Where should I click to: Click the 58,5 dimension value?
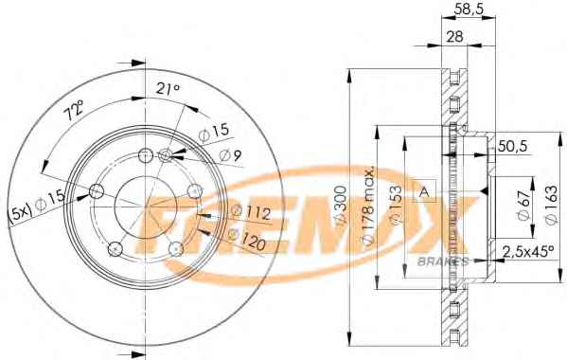click(469, 9)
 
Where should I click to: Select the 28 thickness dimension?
click(454, 37)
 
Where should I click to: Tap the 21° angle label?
click(168, 89)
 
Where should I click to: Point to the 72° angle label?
click(74, 110)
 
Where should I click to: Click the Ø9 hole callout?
click(230, 155)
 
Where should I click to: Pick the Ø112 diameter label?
click(251, 212)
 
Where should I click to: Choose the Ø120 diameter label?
click(247, 240)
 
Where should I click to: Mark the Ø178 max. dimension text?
click(368, 207)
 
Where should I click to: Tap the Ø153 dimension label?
click(397, 206)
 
